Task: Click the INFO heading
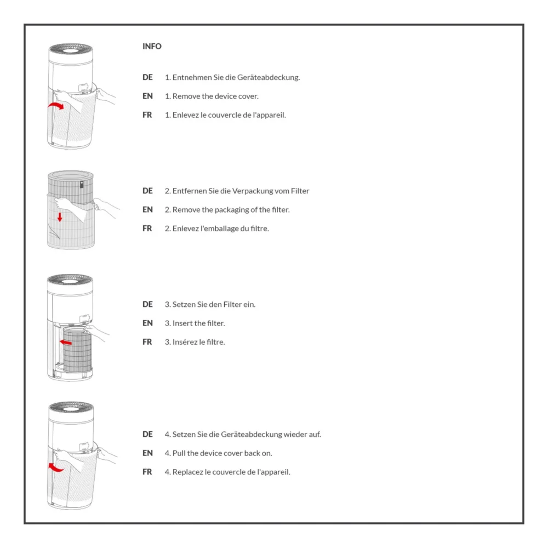(x=152, y=47)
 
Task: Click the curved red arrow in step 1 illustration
(x=55, y=105)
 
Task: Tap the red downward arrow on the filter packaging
(x=60, y=217)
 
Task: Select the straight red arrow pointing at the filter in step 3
(x=66, y=341)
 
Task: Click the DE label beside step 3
(x=147, y=304)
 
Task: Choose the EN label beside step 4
(x=147, y=453)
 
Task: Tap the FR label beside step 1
(x=147, y=115)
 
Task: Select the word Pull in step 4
(x=180, y=453)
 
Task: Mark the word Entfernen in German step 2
(x=189, y=191)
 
